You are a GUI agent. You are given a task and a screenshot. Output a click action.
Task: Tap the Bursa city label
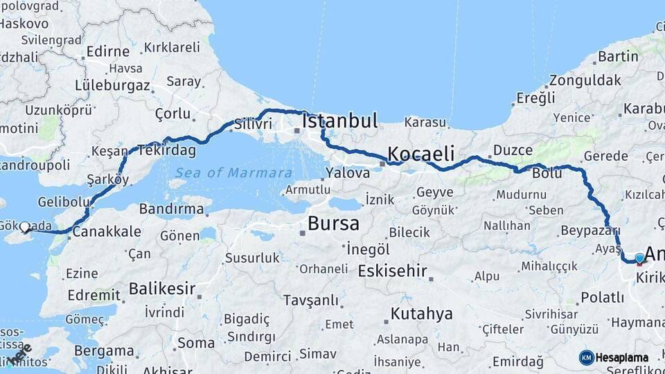[333, 224]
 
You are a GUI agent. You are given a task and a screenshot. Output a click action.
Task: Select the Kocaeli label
[420, 153]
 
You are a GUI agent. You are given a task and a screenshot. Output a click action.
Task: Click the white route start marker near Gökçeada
[25, 226]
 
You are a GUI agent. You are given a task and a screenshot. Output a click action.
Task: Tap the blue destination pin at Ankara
[639, 258]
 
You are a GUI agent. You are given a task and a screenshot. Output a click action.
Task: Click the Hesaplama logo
[614, 357]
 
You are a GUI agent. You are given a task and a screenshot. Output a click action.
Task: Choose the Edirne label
[107, 51]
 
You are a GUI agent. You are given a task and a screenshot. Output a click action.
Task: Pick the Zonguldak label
[586, 80]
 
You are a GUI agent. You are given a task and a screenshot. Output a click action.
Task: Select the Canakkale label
[107, 231]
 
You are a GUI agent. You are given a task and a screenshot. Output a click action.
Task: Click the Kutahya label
[421, 314]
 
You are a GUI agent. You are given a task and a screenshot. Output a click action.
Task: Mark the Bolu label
[547, 173]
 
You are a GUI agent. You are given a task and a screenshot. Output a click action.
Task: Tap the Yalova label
[347, 173]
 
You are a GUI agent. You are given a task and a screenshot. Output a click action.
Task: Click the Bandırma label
[171, 208]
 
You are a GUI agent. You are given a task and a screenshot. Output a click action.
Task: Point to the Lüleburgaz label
[113, 86]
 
